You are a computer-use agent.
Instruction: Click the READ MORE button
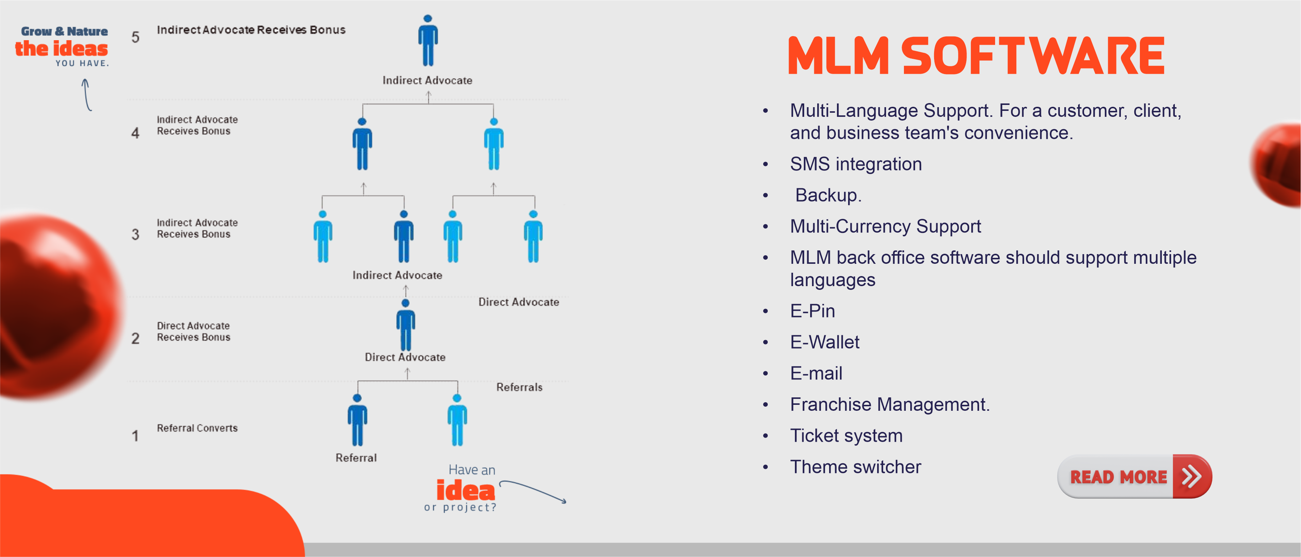(1118, 477)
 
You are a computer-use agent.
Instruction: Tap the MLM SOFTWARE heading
(976, 56)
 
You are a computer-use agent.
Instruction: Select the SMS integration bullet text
(856, 164)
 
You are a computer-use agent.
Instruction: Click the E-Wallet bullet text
(824, 342)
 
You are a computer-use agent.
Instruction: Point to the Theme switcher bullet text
(855, 467)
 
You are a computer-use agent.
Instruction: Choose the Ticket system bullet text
(846, 436)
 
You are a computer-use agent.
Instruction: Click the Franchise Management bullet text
(889, 404)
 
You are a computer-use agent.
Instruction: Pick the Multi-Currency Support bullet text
(885, 226)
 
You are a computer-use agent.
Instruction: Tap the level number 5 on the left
(135, 37)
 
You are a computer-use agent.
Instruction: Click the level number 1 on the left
(135, 436)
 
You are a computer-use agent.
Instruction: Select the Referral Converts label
(197, 428)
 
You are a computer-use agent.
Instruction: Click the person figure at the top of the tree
(428, 41)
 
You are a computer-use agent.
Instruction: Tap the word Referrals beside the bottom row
(519, 387)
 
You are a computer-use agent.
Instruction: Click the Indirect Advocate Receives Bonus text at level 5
(251, 30)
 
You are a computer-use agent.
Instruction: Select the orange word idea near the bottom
(465, 490)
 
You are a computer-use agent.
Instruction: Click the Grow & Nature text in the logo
(64, 31)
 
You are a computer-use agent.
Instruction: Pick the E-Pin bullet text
(812, 311)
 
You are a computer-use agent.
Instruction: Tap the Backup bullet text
(828, 195)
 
